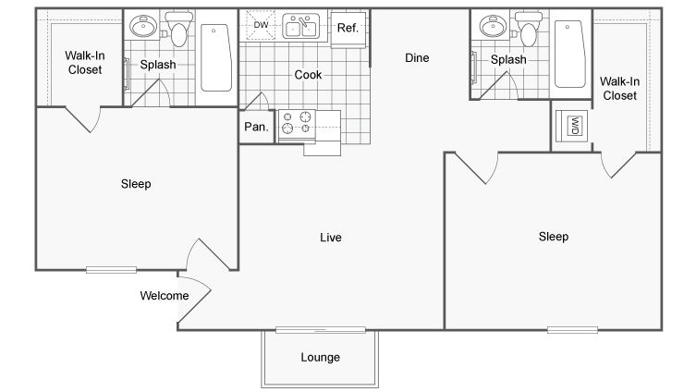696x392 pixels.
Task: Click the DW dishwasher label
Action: tap(261, 25)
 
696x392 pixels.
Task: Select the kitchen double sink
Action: tap(301, 26)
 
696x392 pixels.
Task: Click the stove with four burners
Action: tap(297, 123)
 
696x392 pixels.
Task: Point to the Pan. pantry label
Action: tap(257, 127)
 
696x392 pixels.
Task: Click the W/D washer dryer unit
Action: tap(574, 126)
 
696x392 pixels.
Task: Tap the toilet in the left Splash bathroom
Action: tap(179, 29)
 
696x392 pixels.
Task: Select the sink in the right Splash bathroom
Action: tap(493, 26)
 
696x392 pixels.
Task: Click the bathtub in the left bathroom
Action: tap(216, 57)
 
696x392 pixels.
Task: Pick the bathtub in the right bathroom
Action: tap(570, 54)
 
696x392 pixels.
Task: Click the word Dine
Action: tap(417, 57)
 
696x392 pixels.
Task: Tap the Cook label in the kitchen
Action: tap(308, 75)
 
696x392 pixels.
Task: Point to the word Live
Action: tap(331, 238)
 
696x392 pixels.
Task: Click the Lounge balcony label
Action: tap(321, 358)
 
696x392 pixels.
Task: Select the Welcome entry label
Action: tap(165, 296)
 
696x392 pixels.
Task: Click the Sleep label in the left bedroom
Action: tap(136, 184)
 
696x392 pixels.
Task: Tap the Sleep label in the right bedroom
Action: tap(554, 237)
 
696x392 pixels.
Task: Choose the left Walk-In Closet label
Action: tap(85, 63)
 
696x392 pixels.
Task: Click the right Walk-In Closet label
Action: tap(619, 89)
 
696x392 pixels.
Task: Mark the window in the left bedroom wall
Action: tap(111, 269)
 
